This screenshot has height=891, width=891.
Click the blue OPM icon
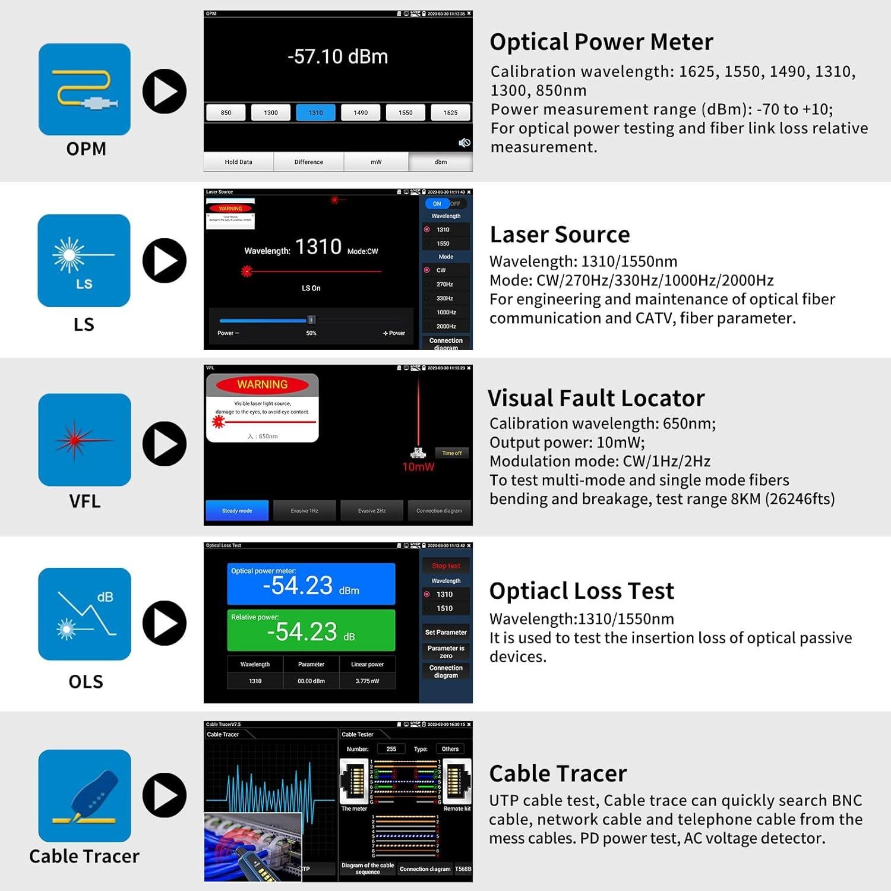pos(84,89)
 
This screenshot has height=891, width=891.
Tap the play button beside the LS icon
pos(165,261)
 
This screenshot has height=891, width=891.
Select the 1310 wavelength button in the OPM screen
pos(315,113)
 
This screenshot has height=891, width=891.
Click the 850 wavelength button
pos(226,113)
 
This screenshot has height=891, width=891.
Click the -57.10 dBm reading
pos(337,57)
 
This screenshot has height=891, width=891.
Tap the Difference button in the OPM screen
pos(308,162)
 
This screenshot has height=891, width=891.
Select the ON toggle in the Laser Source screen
pos(437,204)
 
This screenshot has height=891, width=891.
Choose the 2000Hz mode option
pos(445,326)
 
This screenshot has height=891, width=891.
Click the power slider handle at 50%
pos(311,320)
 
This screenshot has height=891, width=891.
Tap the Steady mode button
pos(237,511)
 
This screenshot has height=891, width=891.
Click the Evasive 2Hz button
pos(372,511)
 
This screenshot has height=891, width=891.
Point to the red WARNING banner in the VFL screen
pos(262,385)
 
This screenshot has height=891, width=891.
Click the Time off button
pos(451,453)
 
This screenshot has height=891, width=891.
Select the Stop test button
pos(446,566)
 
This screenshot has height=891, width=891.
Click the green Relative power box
pos(311,630)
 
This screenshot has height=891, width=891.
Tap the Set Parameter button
pos(446,633)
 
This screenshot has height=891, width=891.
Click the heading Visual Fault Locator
pos(596,398)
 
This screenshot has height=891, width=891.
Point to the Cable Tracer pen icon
pos(84,795)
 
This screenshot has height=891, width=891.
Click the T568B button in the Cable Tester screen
pos(463,869)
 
